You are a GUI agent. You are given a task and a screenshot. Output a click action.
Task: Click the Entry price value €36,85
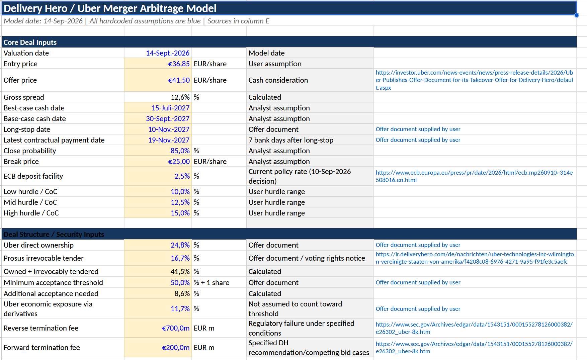(179, 64)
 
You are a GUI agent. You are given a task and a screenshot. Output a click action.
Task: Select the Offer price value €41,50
(179, 80)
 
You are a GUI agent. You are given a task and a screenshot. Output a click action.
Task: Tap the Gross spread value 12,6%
(180, 97)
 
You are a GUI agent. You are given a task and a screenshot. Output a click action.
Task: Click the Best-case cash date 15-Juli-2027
(170, 108)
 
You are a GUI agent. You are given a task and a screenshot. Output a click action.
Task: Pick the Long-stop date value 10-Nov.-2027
(169, 129)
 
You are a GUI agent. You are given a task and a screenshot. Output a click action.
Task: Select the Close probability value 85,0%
(180, 151)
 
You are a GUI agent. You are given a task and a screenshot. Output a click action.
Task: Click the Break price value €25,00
(179, 162)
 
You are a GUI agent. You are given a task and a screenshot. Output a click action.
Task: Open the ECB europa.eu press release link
(474, 176)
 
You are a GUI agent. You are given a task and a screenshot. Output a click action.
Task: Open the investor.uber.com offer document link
(474, 80)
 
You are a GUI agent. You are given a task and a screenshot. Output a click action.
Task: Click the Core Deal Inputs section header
(30, 42)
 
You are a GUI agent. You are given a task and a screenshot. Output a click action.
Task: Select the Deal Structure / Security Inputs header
(54, 235)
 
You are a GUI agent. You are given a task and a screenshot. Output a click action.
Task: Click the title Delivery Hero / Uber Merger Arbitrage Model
(110, 8)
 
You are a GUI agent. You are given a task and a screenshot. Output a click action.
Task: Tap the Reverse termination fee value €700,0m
(176, 328)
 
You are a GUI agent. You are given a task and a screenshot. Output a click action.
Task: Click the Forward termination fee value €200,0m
(176, 348)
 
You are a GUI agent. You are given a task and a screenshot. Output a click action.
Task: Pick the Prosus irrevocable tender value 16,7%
(180, 258)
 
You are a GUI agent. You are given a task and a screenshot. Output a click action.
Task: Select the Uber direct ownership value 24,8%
(180, 245)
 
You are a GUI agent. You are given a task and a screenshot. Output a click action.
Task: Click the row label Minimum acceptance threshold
(53, 283)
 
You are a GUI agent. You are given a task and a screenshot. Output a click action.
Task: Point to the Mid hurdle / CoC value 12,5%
(180, 202)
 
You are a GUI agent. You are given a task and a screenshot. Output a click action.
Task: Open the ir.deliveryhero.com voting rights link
(475, 258)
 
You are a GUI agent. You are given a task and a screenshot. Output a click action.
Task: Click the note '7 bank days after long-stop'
(291, 140)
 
